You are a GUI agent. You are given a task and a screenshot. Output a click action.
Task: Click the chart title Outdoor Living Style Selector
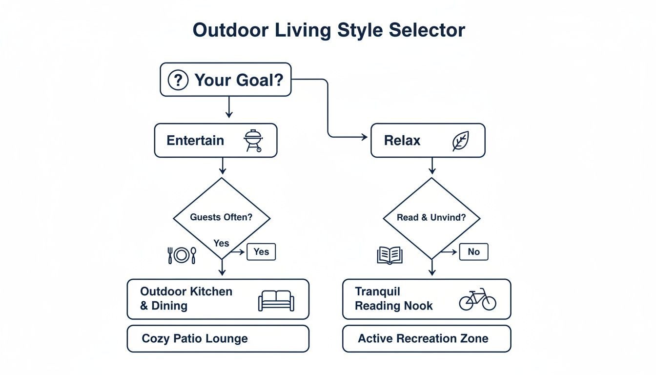point(328,30)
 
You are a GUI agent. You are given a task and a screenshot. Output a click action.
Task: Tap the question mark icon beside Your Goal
point(178,80)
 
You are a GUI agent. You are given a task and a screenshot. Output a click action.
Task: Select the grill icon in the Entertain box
point(252,141)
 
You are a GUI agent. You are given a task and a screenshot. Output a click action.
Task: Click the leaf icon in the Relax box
point(460,141)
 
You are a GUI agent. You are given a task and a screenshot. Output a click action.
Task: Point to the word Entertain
point(195,141)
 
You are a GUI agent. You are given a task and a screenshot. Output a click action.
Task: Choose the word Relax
point(402,141)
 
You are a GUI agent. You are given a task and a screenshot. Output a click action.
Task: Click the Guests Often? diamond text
point(221,217)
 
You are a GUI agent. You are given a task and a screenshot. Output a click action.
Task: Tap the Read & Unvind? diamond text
point(431,217)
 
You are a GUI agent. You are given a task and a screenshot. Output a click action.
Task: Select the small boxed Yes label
point(261,251)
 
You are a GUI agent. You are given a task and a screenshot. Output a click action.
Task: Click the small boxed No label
point(473,252)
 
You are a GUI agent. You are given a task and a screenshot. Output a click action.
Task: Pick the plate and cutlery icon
point(182,255)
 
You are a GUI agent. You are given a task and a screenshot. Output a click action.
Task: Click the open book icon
point(389,255)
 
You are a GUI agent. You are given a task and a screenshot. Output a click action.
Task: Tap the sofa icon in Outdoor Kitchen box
point(276,300)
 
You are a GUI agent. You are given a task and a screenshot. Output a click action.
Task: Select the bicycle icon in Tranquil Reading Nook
point(477,299)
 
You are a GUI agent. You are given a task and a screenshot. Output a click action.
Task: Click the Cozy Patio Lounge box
point(218,339)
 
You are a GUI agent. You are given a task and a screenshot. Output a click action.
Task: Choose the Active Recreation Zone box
point(426,339)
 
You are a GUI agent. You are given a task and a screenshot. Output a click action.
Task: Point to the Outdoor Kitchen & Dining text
point(186,298)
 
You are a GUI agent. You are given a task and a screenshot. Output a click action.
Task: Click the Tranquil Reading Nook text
point(393,298)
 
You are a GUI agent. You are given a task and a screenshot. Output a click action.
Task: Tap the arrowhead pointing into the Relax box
point(364,138)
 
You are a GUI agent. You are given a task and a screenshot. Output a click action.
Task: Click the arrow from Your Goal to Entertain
point(228,107)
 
